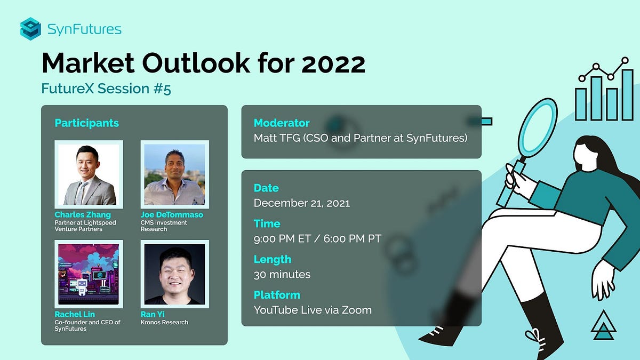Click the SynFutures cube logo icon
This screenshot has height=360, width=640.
tap(30, 28)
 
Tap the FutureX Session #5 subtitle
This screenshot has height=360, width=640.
tap(106, 89)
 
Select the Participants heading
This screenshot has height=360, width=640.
tap(86, 123)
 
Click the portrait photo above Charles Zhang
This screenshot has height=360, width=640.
tap(89, 174)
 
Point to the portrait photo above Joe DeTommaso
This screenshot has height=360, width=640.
tap(174, 174)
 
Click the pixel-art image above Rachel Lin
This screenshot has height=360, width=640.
tap(89, 274)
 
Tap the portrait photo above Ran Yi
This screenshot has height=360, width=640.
tap(174, 274)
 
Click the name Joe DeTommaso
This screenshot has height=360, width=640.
tap(172, 215)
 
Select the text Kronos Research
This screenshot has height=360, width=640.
tap(164, 322)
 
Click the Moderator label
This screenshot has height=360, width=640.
tap(282, 123)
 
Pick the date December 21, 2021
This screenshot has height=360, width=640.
tap(302, 203)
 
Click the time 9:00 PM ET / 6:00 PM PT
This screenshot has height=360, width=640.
tap(317, 238)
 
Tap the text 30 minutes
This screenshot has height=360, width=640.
tap(282, 274)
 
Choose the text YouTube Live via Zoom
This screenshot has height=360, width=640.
tap(313, 309)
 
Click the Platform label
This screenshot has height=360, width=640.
tap(277, 295)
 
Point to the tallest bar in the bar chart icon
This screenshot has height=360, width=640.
tap(627, 94)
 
